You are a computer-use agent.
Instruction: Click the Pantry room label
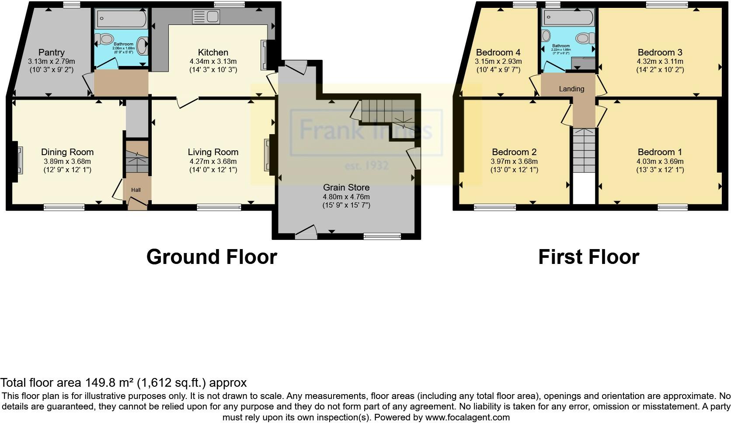tap(51, 52)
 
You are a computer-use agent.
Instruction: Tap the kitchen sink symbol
tap(206, 17)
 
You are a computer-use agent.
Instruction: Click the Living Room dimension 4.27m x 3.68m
tap(213, 161)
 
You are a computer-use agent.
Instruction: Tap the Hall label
tap(136, 190)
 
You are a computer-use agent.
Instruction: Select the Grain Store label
tap(346, 187)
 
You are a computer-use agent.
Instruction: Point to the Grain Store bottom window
tap(382, 236)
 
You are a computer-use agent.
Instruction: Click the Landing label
tap(571, 89)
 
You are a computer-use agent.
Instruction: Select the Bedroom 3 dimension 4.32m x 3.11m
tap(660, 62)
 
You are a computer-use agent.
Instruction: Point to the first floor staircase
tap(584, 151)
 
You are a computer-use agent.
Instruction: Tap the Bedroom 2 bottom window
tap(495, 207)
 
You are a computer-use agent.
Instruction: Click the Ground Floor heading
tap(212, 257)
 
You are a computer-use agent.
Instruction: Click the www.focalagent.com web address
tap(467, 417)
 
